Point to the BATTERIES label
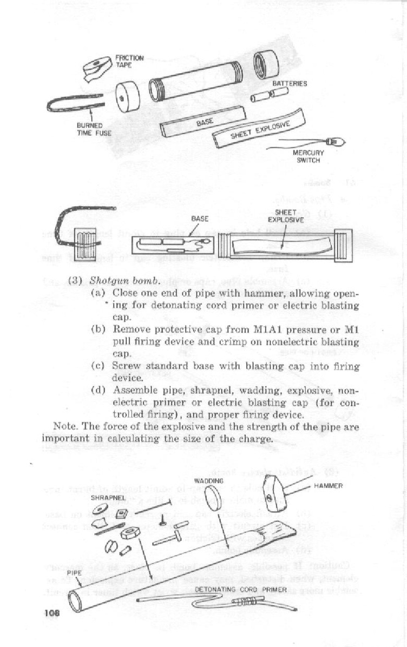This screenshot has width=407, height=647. pos(293,84)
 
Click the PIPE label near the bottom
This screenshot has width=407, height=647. pos(74,572)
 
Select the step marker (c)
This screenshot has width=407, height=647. pos(99,367)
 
